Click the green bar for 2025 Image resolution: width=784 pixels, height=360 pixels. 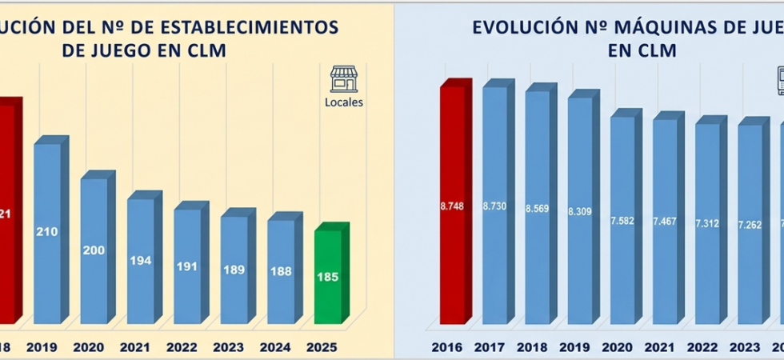coord(328,276)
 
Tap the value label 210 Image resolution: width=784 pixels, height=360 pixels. coord(47,232)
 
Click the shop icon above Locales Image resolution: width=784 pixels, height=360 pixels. coord(344,79)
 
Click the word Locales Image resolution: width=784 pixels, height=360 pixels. coord(344,102)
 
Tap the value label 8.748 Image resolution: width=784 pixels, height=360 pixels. coord(452,206)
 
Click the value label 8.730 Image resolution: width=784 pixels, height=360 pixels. coord(494,206)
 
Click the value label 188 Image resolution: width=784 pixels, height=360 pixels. coord(281,271)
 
